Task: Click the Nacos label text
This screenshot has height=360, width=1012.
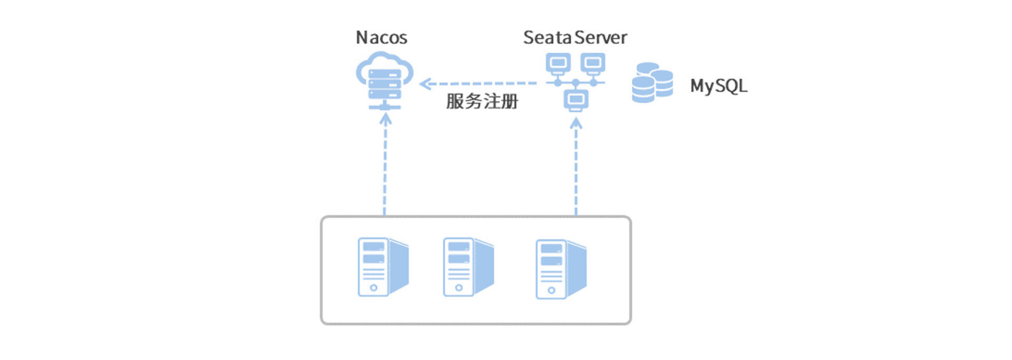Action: [382, 38]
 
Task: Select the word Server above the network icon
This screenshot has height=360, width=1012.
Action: [601, 38]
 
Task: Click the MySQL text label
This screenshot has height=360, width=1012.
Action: [718, 86]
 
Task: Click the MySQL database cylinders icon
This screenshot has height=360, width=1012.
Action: [652, 83]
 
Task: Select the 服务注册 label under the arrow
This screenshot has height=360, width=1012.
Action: [482, 101]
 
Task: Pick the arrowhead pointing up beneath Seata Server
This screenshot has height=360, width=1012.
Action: [576, 123]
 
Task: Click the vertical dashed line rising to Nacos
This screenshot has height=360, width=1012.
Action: [385, 169]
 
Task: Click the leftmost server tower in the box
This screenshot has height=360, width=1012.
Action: [383, 267]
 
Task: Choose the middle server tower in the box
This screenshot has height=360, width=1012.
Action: [468, 267]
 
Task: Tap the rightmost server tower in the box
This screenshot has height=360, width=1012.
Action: [561, 269]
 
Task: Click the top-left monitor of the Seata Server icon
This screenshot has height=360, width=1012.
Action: [558, 63]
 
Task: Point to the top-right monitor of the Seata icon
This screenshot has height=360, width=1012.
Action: [593, 63]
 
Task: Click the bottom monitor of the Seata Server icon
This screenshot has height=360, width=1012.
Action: [576, 100]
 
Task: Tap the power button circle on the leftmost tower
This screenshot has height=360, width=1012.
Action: [374, 288]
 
